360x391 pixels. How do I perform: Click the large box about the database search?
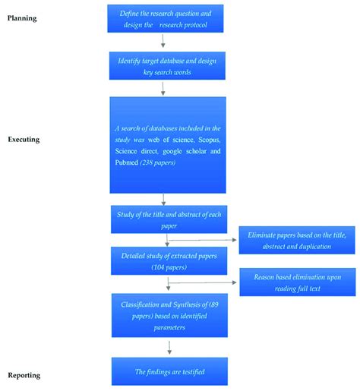click(x=167, y=144)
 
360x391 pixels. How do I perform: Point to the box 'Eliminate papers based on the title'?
click(x=296, y=241)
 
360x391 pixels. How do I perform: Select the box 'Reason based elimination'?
click(x=296, y=282)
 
